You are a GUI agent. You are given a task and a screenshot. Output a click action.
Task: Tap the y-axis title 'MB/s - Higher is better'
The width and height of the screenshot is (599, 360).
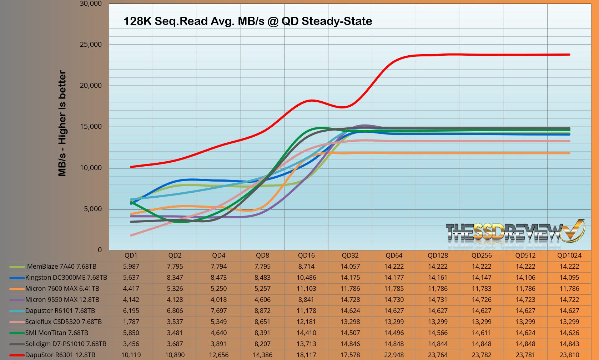pyautogui.click(x=62, y=123)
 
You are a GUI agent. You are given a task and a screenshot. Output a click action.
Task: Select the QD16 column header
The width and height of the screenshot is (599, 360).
pyautogui.click(x=306, y=255)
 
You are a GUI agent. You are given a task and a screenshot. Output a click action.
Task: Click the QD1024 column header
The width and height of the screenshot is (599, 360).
pyautogui.click(x=569, y=255)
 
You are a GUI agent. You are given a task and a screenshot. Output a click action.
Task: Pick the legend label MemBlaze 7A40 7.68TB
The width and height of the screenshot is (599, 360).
pyautogui.click(x=62, y=267)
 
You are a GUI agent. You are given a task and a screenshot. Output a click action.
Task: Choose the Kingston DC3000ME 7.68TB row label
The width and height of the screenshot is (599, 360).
pyautogui.click(x=66, y=278)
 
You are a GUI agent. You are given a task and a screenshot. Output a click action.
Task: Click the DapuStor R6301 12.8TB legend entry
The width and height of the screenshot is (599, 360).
pyautogui.click(x=60, y=355)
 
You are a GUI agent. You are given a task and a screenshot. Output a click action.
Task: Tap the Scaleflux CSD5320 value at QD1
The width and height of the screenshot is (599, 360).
pyautogui.click(x=131, y=322)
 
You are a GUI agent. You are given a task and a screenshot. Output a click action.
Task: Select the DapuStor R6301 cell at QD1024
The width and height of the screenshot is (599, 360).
pyautogui.click(x=569, y=355)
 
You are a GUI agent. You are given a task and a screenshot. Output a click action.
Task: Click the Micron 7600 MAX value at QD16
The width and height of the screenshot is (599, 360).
pyautogui.click(x=306, y=289)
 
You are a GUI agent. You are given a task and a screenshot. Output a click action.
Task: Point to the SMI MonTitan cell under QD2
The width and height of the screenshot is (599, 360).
pyautogui.click(x=175, y=333)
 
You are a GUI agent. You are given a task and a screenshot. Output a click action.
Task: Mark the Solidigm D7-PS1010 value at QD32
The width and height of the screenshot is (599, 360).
pyautogui.click(x=350, y=344)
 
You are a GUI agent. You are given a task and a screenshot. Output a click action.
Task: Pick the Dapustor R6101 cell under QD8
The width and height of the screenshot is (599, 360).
pyautogui.click(x=262, y=311)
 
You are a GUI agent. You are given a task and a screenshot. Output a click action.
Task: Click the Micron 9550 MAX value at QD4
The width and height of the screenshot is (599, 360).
pyautogui.click(x=218, y=300)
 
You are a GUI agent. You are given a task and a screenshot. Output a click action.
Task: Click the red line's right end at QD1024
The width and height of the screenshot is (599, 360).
pyautogui.click(x=569, y=55)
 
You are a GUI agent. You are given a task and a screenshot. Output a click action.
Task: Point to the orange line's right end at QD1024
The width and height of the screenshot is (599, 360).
pyautogui.click(x=569, y=153)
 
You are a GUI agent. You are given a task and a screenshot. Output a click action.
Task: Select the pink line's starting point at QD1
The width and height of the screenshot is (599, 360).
pyautogui.click(x=131, y=235)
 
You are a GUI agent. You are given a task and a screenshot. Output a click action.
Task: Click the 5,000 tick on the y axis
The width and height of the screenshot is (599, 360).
pyautogui.click(x=92, y=209)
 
